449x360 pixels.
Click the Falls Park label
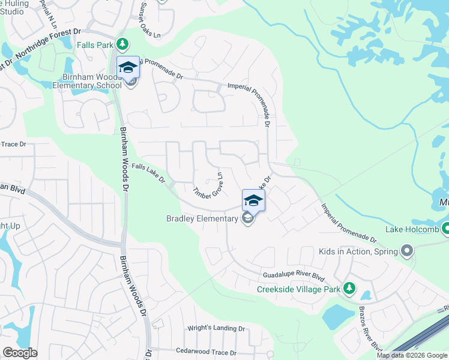pyautogui.click(x=95, y=44)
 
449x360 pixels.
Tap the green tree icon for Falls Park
pyautogui.click(x=122, y=44)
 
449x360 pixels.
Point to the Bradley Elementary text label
pyautogui.click(x=202, y=218)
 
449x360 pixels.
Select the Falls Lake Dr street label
pyautogui.click(x=148, y=175)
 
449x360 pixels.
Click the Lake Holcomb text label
pyautogui.click(x=412, y=229)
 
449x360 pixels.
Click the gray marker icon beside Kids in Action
pyautogui.click(x=407, y=250)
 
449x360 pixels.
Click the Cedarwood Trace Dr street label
pyautogui.click(x=206, y=352)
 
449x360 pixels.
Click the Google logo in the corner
pyautogui.click(x=20, y=353)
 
